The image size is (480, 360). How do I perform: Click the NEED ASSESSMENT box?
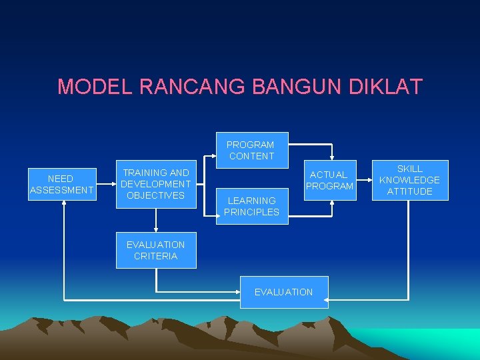(61, 184)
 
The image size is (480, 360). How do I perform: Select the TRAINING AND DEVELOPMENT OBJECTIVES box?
(156, 184)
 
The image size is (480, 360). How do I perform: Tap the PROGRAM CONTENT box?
(250, 150)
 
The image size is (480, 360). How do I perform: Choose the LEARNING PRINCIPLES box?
(251, 206)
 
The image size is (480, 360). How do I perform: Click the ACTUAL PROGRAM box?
(329, 180)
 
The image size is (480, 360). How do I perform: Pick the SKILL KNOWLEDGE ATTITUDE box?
(409, 180)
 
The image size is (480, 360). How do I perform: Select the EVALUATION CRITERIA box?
(156, 250)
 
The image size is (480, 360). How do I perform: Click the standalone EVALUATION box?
(283, 292)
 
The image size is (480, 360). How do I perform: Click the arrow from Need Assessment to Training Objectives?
(105, 184)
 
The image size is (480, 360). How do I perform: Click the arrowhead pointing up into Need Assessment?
(64, 203)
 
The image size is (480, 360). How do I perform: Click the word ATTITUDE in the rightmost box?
(409, 191)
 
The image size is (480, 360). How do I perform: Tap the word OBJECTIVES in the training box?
(155, 195)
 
